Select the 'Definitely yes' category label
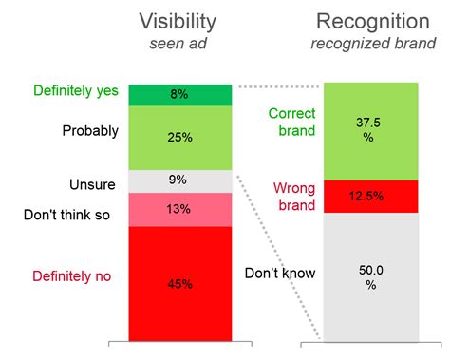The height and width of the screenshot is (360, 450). (x=75, y=91)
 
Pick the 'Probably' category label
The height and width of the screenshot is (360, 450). (x=90, y=130)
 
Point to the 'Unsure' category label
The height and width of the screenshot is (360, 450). (x=93, y=183)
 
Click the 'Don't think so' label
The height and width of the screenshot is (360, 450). (x=66, y=215)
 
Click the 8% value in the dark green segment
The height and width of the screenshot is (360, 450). (x=180, y=94)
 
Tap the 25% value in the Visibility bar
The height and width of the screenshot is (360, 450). (x=180, y=138)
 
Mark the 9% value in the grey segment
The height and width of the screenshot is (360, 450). (x=180, y=180)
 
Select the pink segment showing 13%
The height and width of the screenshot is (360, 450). (x=180, y=210)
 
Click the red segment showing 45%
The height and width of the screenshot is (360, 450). (x=180, y=282)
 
